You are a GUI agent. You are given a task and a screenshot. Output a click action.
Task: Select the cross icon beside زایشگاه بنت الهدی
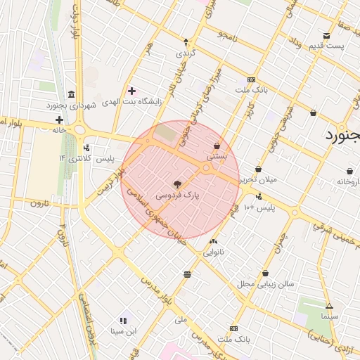131,91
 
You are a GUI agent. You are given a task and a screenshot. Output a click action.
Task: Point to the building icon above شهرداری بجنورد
71,94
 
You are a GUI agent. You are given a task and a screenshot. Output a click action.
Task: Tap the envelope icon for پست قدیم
326,36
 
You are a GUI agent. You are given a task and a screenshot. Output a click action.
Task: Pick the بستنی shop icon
217,146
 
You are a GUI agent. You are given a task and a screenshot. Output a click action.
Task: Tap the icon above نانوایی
214,240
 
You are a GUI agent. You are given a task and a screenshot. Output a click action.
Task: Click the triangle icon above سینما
328,306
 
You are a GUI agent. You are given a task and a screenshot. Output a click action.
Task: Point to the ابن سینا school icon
124,320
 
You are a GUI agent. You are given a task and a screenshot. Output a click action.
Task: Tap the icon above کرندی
186,41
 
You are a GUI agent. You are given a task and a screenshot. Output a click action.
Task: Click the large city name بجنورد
342,136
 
